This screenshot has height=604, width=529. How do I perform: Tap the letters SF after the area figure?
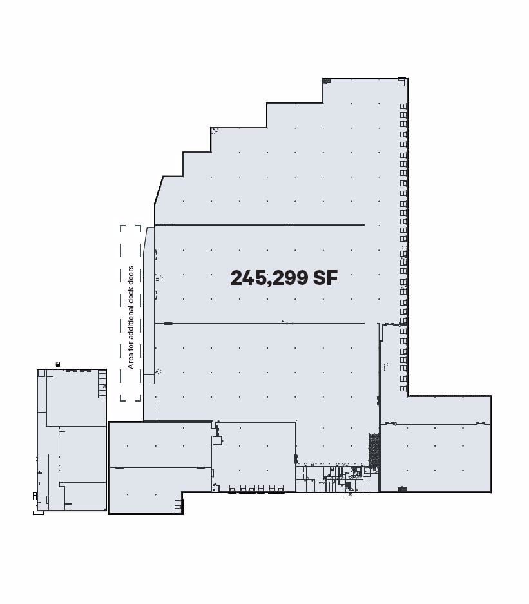click(x=325, y=278)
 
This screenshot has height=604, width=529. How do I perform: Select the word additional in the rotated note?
click(x=131, y=317)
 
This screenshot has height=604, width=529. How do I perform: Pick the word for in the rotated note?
click(x=131, y=342)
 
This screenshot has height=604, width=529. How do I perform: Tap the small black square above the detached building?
click(x=58, y=365)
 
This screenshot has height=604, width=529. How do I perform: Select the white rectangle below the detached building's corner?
click(x=38, y=512)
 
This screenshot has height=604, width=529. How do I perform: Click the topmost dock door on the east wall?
click(x=404, y=106)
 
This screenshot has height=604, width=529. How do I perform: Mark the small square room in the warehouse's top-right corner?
click(x=402, y=82)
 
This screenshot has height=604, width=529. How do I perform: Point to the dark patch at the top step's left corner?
click(x=327, y=81)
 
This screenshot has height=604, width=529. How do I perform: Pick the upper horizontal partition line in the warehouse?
click(x=259, y=225)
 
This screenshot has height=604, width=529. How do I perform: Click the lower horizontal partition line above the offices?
click(x=259, y=323)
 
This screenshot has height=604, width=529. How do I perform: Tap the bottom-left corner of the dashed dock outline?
click(x=122, y=400)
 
